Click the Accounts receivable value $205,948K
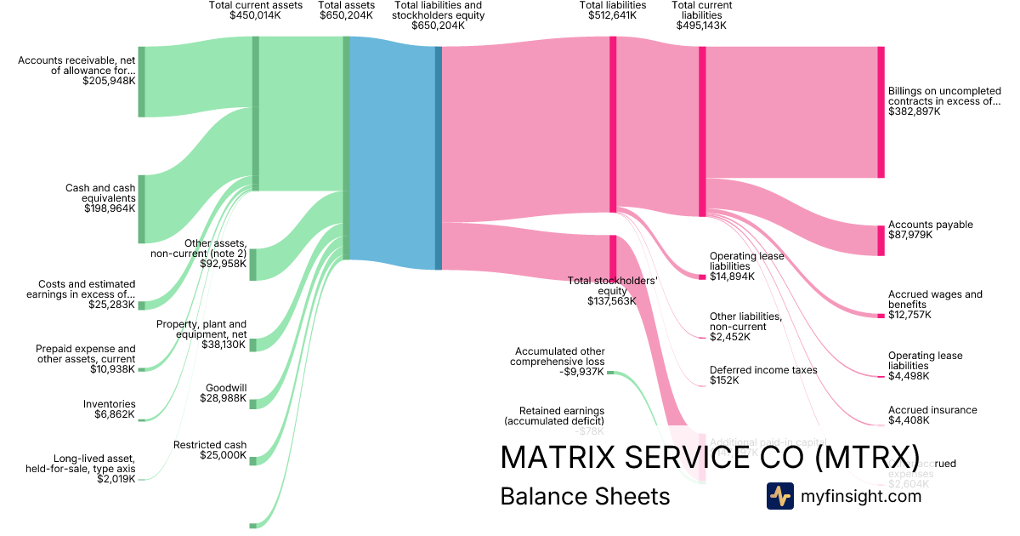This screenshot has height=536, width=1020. coord(109,82)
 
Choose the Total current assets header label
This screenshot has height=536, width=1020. coord(256,10)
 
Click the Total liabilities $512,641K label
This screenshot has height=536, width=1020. coord(612,10)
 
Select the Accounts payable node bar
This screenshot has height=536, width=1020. coord(881,241)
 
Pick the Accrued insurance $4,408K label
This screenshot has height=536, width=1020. coord(932,415)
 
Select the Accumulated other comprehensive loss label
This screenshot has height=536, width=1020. coord(559,361)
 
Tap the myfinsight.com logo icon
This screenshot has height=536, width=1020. coord(779,496)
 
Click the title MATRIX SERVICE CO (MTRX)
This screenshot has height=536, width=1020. coord(710,457)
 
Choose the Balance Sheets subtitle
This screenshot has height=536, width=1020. coord(585,496)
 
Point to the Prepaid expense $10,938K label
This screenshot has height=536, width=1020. coord(85,359)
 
